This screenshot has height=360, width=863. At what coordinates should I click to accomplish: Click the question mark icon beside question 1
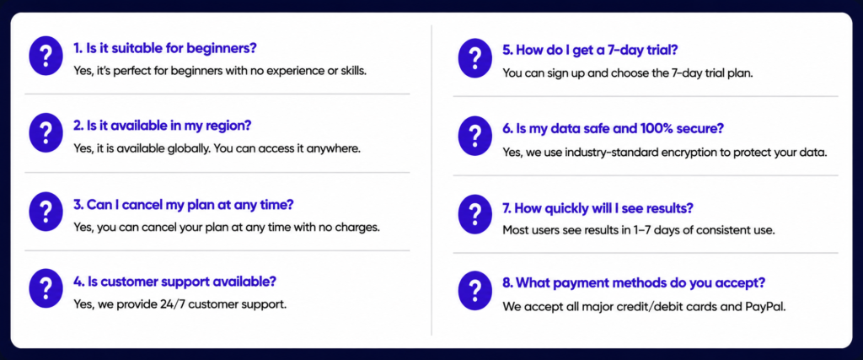(46, 56)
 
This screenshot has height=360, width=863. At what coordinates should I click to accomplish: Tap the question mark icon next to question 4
(46, 287)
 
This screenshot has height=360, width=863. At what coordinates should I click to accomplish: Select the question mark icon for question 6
(475, 135)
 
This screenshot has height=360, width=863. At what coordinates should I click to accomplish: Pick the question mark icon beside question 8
(475, 291)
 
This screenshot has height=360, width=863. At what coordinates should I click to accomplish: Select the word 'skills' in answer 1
(352, 72)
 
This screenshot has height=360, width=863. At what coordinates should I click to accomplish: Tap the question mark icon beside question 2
(46, 132)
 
